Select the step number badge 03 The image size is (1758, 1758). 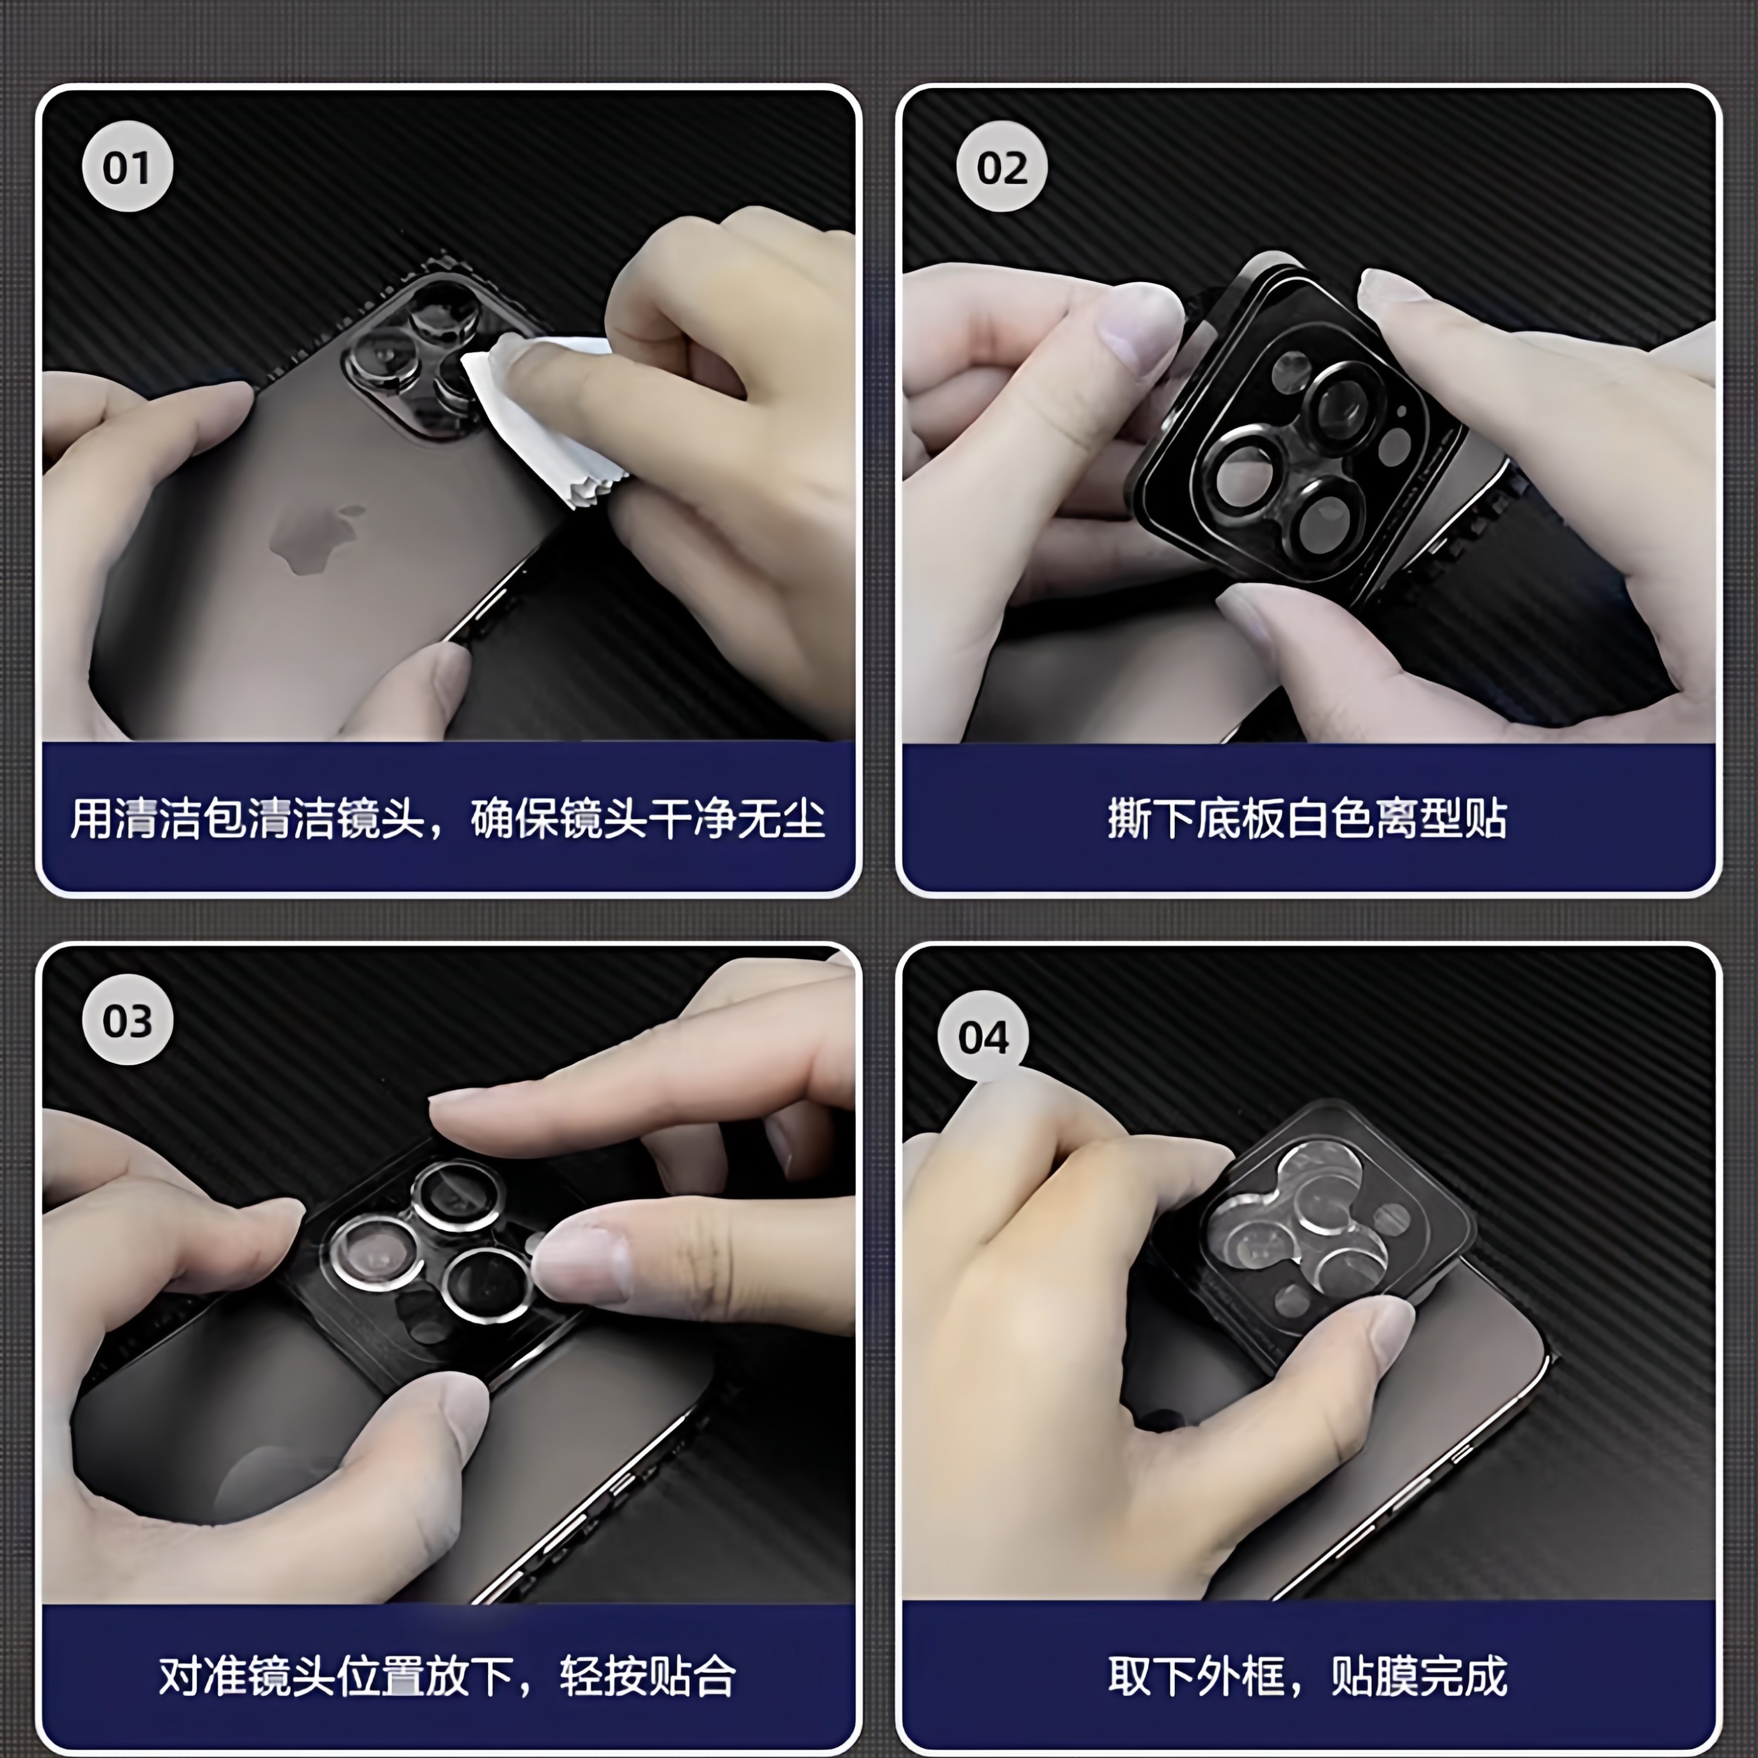point(127,1020)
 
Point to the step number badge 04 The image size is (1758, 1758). point(983,1037)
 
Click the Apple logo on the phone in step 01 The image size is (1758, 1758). point(314,537)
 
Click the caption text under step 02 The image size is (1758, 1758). point(1307,819)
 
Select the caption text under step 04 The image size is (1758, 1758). point(1307,1675)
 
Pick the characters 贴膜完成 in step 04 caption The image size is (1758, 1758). point(1419,1675)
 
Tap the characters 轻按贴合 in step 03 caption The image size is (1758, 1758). point(647,1675)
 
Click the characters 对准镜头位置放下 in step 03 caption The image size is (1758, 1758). point(337,1675)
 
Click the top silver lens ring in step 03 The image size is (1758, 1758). point(457,1194)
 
